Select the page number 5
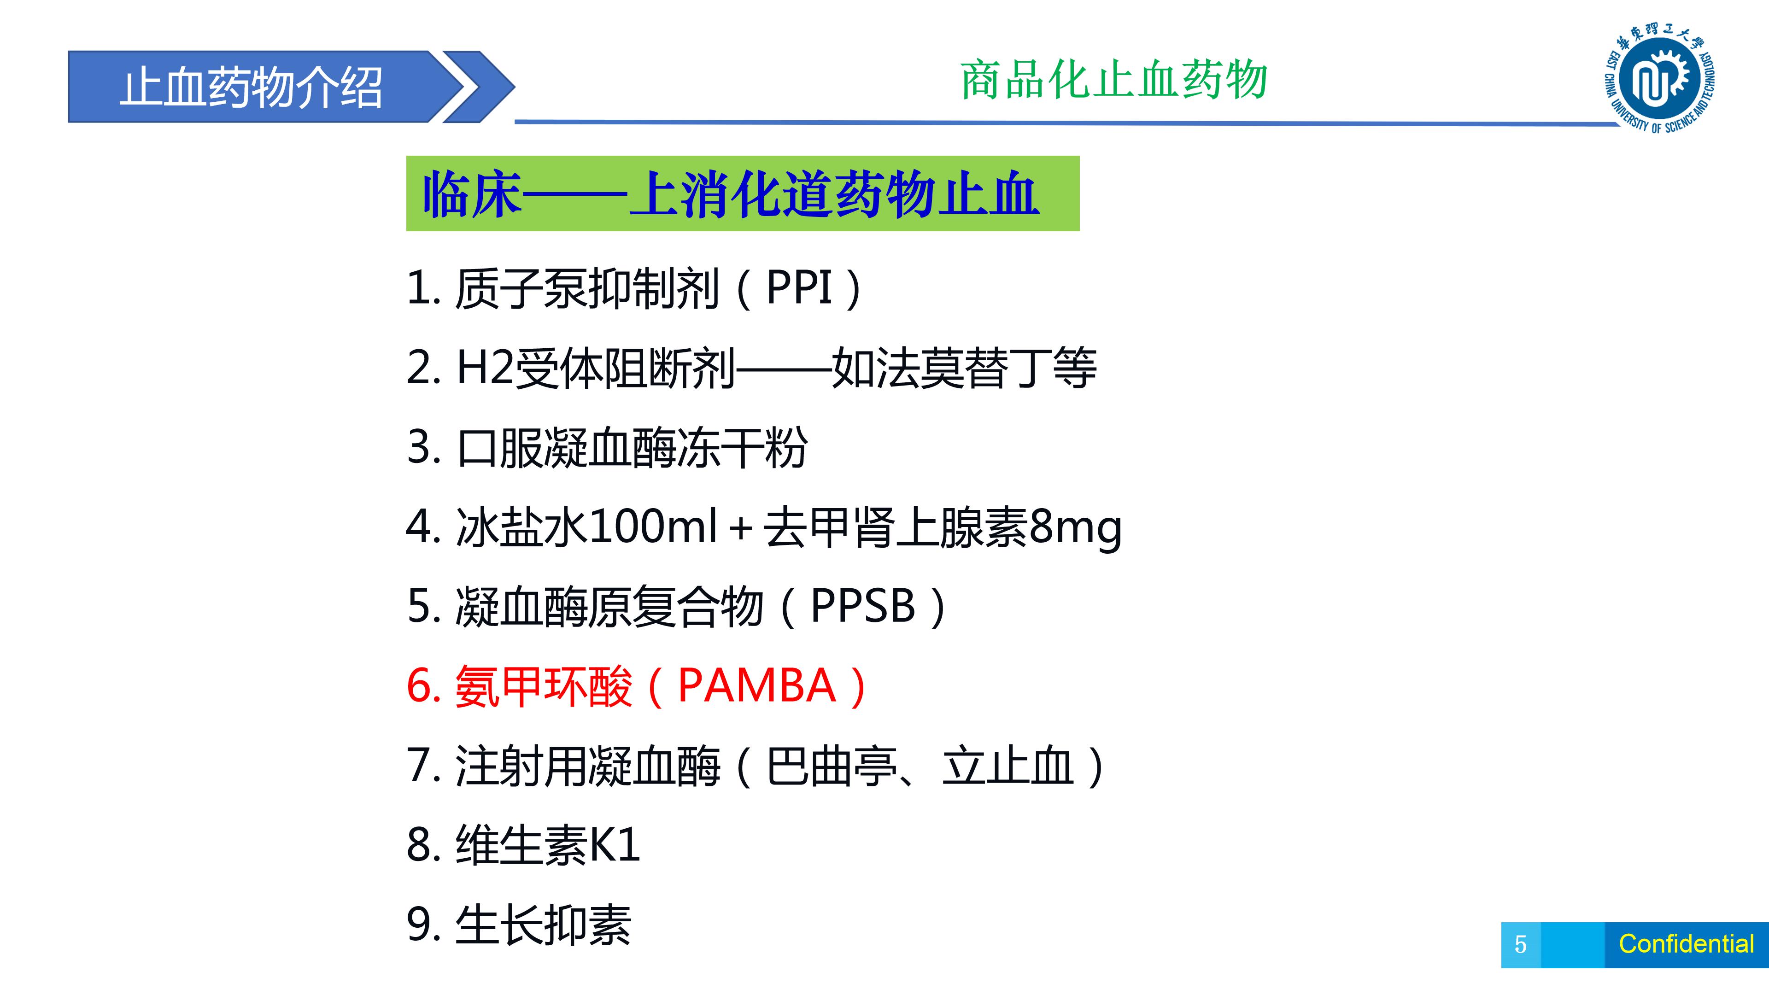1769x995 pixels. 1520,944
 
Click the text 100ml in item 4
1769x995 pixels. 652,526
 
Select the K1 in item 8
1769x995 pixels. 614,845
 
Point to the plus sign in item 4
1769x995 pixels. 740,529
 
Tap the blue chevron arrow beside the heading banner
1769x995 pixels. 479,87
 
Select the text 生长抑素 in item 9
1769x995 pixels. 543,925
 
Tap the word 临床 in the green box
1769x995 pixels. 473,195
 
